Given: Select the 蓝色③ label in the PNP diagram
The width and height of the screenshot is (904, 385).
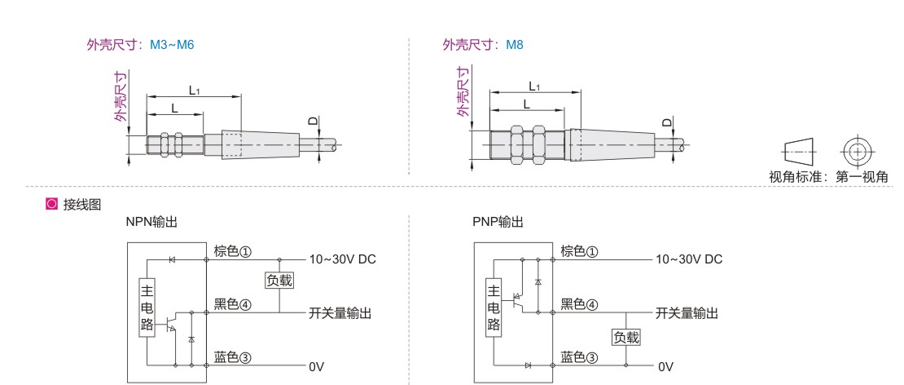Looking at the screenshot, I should (579, 357).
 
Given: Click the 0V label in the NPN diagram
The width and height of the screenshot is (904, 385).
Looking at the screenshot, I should (316, 366).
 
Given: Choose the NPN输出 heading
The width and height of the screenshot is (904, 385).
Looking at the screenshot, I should (151, 222).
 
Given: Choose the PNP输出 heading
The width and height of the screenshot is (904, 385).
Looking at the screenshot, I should (498, 222).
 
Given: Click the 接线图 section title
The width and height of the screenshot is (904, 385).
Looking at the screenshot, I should (81, 204).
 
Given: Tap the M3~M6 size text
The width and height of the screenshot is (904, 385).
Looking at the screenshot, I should (172, 45).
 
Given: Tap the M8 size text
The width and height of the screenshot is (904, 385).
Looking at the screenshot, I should (515, 45).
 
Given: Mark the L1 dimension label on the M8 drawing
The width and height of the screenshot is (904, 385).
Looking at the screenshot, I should (534, 86).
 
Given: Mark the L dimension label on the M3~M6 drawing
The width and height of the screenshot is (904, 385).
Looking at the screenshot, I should (173, 108).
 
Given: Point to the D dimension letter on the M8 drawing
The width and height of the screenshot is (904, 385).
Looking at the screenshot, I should (666, 122).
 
